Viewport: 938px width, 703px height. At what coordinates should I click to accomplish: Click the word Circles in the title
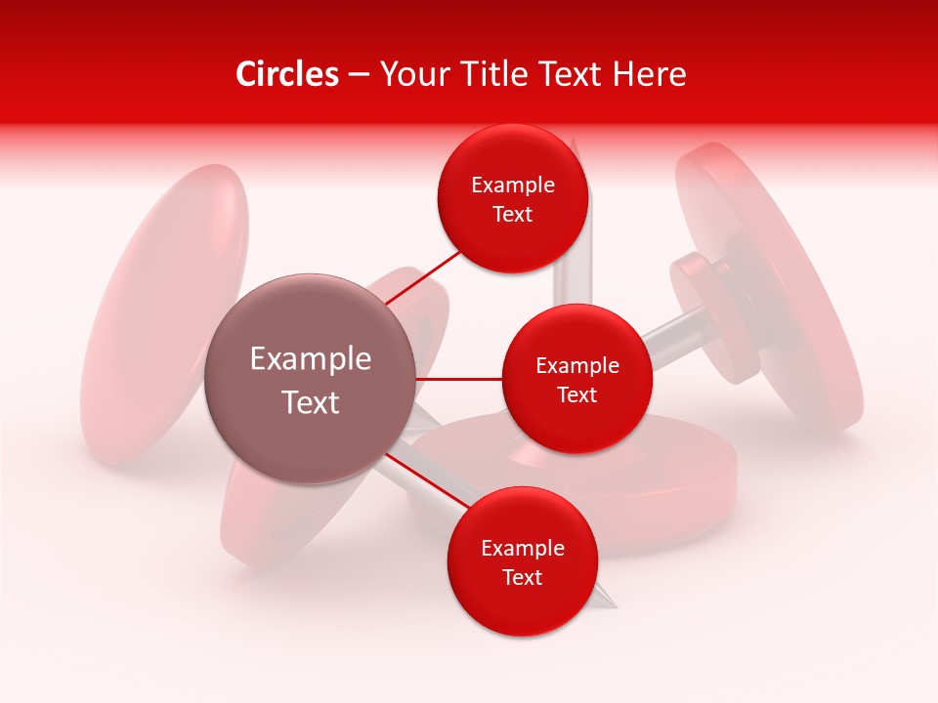[286, 74]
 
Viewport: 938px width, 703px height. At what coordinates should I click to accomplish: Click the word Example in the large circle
[311, 359]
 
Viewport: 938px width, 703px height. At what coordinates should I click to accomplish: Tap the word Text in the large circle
[311, 402]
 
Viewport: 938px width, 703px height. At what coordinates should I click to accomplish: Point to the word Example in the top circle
[513, 186]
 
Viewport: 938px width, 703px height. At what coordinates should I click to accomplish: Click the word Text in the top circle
[513, 214]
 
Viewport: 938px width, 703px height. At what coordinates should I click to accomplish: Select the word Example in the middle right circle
[577, 366]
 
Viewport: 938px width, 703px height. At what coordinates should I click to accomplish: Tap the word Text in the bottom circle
[522, 577]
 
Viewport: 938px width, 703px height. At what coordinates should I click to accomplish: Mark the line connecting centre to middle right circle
[459, 379]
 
